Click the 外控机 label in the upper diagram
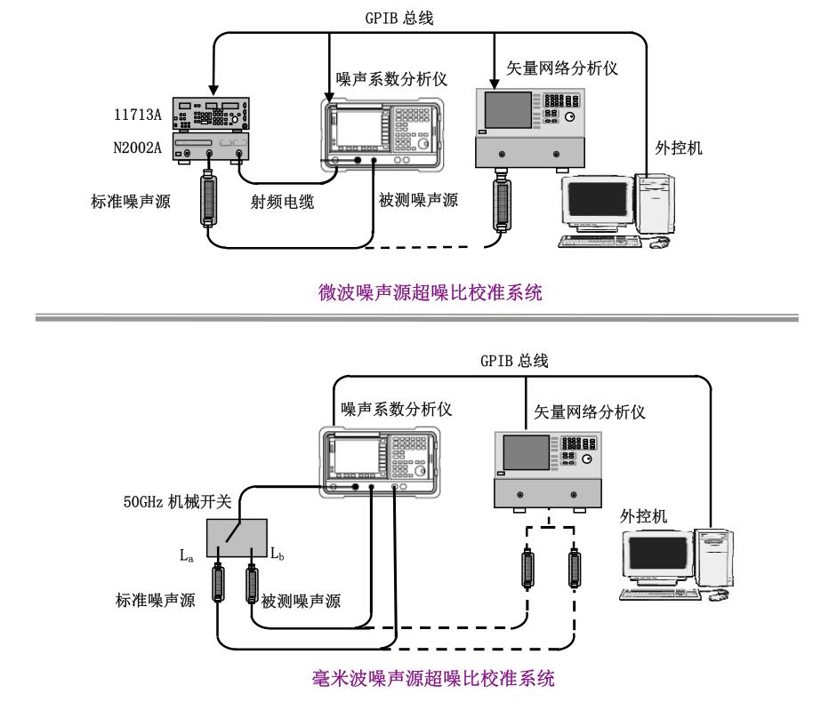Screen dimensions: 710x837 pyautogui.click(x=679, y=148)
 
